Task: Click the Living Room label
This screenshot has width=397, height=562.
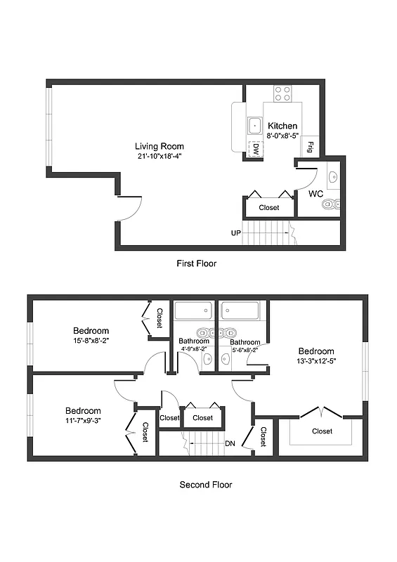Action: pyautogui.click(x=156, y=146)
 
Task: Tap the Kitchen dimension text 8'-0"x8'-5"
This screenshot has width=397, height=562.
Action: pyautogui.click(x=282, y=136)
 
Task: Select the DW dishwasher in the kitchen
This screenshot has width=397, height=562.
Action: pyautogui.click(x=255, y=150)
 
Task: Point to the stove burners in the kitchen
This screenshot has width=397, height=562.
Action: pyautogui.click(x=282, y=93)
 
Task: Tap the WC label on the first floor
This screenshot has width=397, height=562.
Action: pyautogui.click(x=315, y=193)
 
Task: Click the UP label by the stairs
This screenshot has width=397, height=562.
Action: pyautogui.click(x=236, y=233)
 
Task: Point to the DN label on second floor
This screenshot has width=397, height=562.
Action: pyautogui.click(x=229, y=443)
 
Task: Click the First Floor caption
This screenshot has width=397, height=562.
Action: pyautogui.click(x=197, y=264)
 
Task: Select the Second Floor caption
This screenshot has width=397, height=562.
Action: pyautogui.click(x=205, y=485)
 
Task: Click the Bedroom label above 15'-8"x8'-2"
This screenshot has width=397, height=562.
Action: pyautogui.click(x=91, y=331)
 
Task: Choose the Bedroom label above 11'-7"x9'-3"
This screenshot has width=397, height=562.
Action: pyautogui.click(x=83, y=411)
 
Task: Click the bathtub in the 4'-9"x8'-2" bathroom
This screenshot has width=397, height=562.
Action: pyautogui.click(x=193, y=311)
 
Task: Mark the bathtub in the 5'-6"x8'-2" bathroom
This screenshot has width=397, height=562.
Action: pyautogui.click(x=241, y=311)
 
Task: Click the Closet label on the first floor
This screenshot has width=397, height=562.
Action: pyautogui.click(x=268, y=207)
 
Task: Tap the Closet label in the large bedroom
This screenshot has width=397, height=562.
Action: pyautogui.click(x=321, y=431)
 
